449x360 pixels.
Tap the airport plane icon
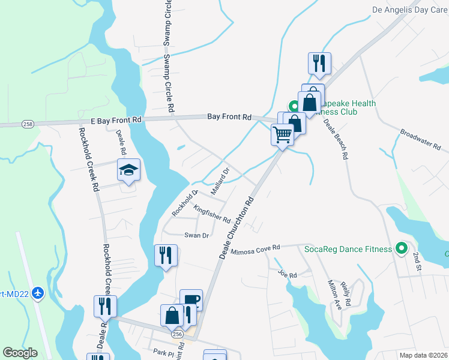coord(38,293)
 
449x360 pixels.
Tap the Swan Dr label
coord(196,236)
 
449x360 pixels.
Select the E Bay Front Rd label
coord(116,120)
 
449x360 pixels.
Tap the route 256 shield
coord(177,333)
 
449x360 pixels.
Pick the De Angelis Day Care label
coord(410,10)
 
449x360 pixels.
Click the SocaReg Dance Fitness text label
coord(348,248)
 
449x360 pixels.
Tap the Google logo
coord(20,353)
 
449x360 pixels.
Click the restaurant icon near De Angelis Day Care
coord(318,63)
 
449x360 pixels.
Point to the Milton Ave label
coord(334,295)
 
